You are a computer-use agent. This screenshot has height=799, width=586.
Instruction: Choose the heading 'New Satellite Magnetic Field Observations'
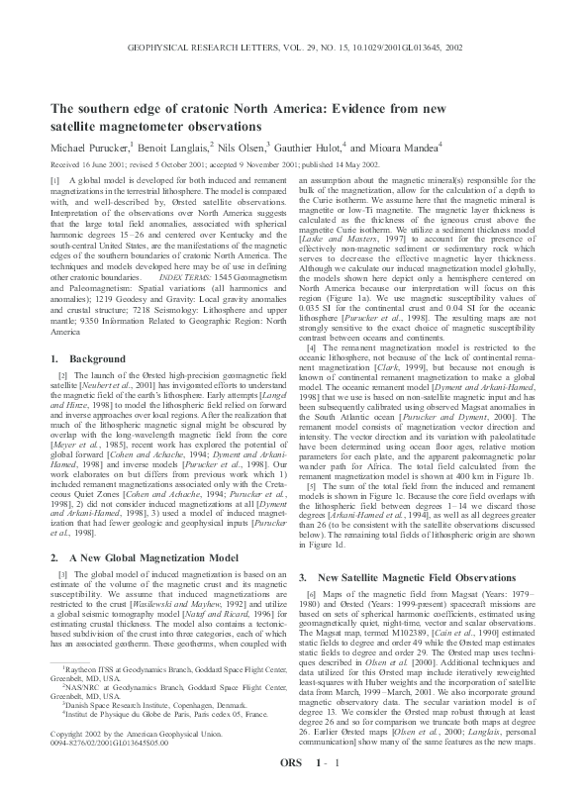coord(401,549)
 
